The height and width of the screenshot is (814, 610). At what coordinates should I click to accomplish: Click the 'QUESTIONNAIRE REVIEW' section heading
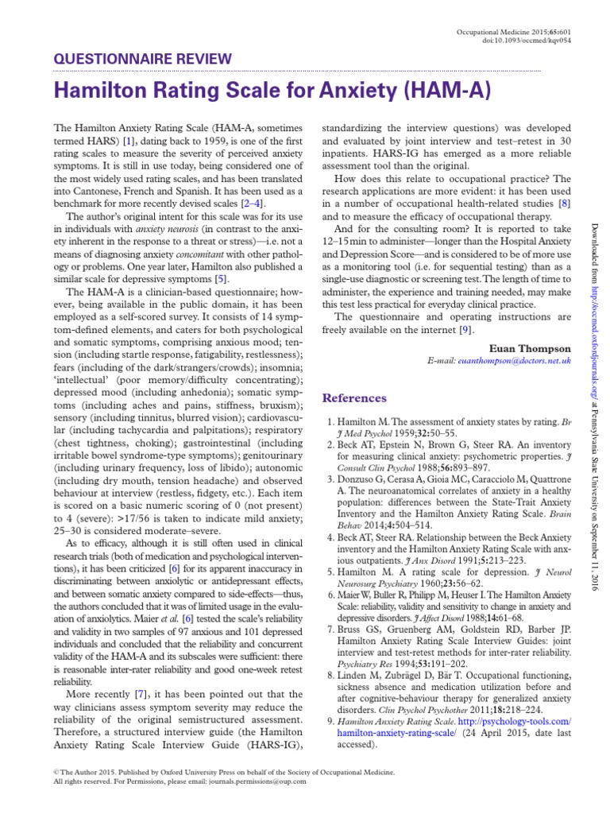[142, 59]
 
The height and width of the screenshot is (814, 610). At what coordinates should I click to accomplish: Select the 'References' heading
[354, 397]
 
